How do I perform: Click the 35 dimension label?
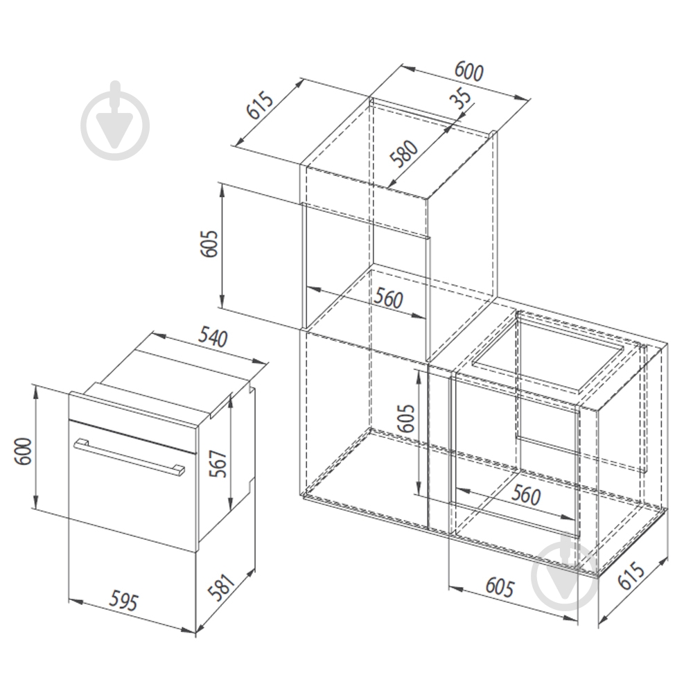pos(461,99)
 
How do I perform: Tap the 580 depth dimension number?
pos(403,154)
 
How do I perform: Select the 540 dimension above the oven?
pos(212,337)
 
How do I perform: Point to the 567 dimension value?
pos(219,464)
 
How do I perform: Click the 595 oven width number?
pos(124,601)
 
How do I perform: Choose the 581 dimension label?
pos(221,588)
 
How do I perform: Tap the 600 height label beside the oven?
pos(23,451)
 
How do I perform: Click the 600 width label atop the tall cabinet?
pos(469,71)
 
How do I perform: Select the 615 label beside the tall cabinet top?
pos(261,105)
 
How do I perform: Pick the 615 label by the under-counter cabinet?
pos(631,575)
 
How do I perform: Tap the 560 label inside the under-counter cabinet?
pos(526,495)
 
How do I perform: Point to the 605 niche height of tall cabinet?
pos(209,243)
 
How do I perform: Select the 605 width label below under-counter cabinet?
pos(500,588)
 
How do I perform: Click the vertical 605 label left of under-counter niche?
pos(406,418)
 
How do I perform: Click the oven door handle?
pos(130,457)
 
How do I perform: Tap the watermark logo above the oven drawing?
pos(115,121)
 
